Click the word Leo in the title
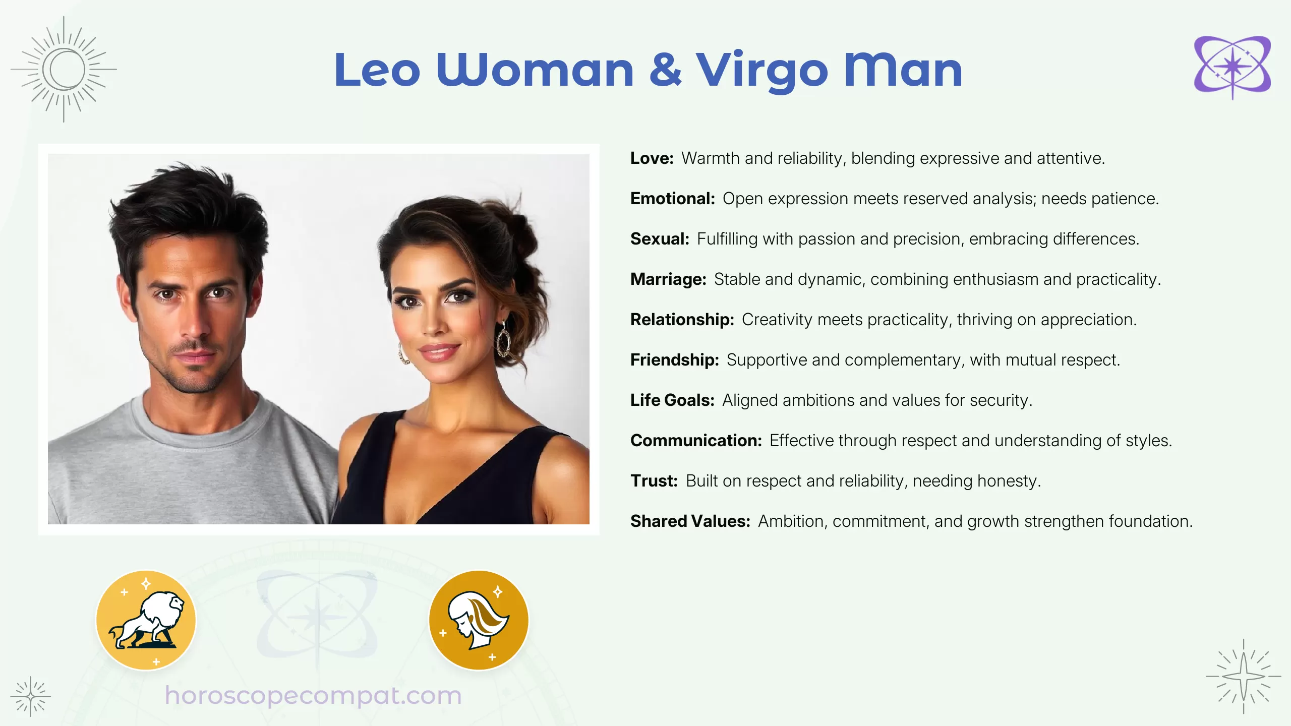377,70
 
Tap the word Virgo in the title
762,71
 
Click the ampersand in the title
665,70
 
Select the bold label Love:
652,158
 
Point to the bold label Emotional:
672,199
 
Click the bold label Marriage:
668,279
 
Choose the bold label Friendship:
674,360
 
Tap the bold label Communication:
696,441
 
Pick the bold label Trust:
654,481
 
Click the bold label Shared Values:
690,521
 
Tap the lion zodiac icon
146,620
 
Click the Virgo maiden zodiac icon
478,620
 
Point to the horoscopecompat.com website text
313,696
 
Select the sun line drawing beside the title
64,69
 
